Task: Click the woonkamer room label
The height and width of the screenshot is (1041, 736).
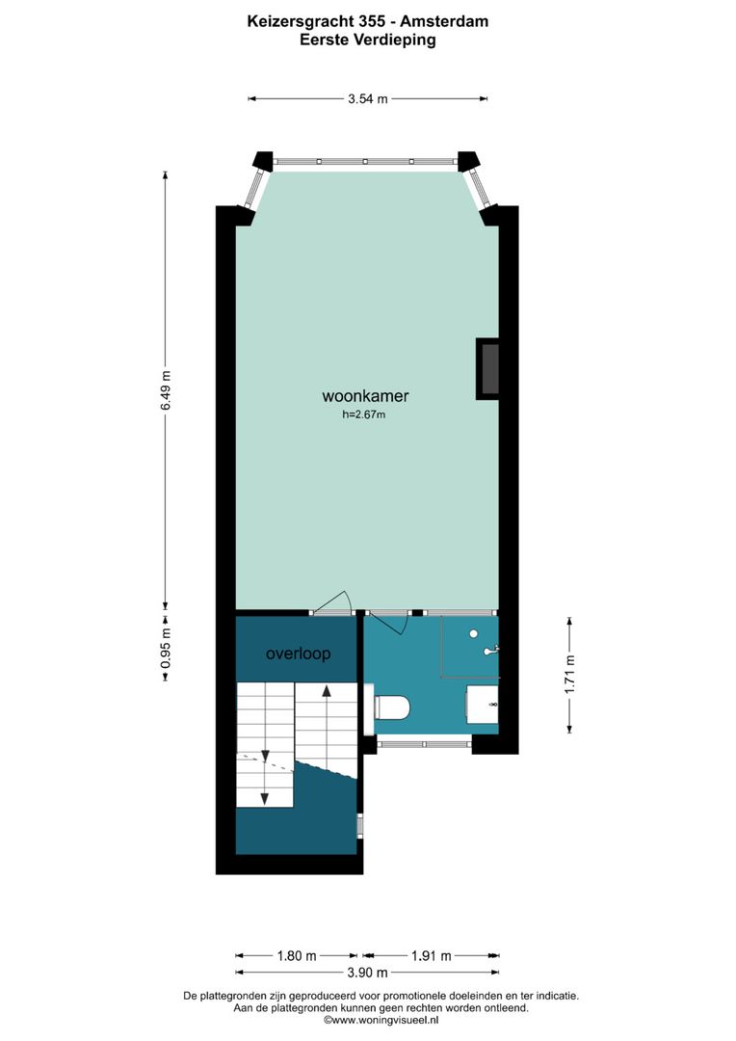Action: coord(365,396)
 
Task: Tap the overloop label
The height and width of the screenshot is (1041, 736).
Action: coord(299,654)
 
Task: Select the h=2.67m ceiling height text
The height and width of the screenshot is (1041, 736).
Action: coord(365,415)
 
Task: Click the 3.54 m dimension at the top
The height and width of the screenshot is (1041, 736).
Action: coord(368,98)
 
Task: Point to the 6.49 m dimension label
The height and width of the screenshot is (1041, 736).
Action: coord(166,391)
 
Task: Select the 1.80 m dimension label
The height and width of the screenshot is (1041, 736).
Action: coord(297,956)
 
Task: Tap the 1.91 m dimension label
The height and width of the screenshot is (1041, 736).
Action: coord(431,956)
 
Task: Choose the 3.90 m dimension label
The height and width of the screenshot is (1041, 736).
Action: coord(368,973)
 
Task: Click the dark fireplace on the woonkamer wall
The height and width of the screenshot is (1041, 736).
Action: coord(488,368)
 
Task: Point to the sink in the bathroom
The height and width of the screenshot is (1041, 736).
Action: coord(485,704)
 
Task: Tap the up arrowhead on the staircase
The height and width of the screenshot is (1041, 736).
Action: coord(328,690)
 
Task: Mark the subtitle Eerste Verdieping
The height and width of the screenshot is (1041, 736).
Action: coord(367,40)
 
